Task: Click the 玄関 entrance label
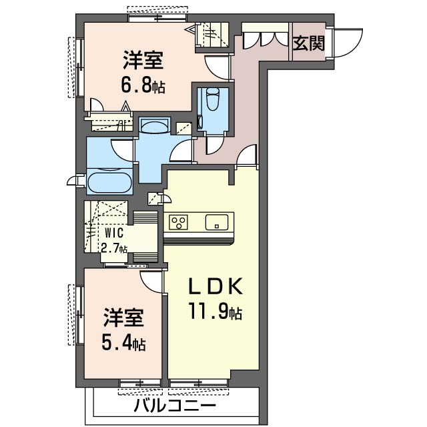point(309,43)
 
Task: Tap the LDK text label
point(216,286)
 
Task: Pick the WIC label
point(114,233)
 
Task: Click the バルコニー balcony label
point(175,406)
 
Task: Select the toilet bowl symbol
point(213,99)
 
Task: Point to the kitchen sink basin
point(217,222)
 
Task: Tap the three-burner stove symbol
point(178,222)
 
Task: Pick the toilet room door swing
point(216,145)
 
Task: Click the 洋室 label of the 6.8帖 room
point(143,60)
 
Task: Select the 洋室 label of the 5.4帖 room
point(123,318)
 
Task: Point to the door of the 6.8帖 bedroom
point(216,68)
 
